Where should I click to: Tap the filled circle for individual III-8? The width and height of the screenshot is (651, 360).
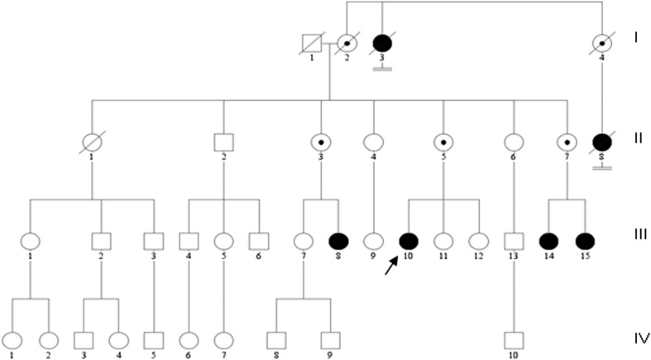click(339, 242)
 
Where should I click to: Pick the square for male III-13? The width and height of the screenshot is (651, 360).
click(515, 242)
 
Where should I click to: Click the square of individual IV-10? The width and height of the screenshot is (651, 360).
click(515, 338)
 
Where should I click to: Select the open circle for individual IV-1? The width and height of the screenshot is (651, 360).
click(13, 338)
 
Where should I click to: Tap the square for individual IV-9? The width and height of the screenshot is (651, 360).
click(331, 338)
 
